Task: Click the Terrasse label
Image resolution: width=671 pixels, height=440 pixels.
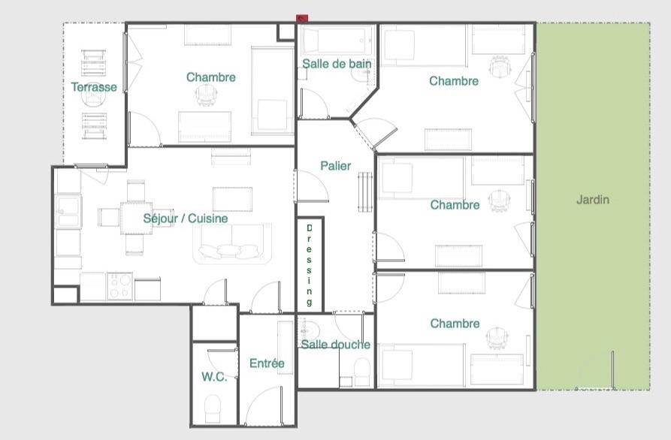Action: coord(94,87)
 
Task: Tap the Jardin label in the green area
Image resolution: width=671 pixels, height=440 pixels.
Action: coord(593,199)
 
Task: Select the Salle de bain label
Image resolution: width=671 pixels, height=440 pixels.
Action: coord(337,64)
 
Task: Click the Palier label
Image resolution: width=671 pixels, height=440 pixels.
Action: coord(335,166)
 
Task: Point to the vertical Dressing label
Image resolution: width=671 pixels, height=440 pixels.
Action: coord(309,265)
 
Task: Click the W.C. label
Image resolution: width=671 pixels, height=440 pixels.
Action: coord(214,377)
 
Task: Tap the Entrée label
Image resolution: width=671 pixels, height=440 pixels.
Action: coord(267,363)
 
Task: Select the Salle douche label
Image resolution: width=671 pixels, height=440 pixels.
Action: coord(335,345)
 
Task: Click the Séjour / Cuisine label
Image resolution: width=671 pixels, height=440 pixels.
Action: coord(186,218)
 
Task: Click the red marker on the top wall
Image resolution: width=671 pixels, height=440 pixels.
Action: coord(302,18)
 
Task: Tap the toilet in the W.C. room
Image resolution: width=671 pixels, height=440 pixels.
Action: coord(213,408)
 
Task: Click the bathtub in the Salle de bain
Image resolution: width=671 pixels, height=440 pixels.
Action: coord(337,41)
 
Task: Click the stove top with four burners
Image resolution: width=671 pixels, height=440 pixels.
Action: coord(119,286)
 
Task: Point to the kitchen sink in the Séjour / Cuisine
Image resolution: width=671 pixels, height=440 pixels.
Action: coord(68,211)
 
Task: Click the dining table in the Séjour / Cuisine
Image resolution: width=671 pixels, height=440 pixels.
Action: coord(136,218)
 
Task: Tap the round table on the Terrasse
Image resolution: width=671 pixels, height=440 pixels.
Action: coord(93,97)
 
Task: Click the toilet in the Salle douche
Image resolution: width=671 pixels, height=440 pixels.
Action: coord(362,372)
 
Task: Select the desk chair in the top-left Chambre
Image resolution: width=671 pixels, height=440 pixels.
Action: coord(207,95)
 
